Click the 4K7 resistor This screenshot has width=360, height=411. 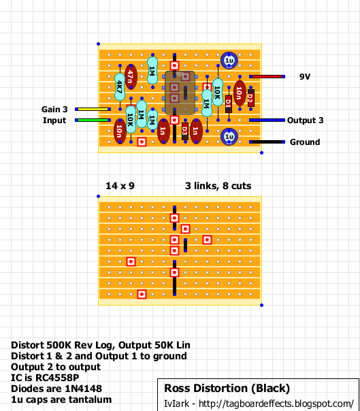120,87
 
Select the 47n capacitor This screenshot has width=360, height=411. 131,76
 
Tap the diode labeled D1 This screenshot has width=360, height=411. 229,103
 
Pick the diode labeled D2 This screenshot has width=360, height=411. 250,98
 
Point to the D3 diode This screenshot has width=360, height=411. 185,131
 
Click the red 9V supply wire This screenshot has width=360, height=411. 267,76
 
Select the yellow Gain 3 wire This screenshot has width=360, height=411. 93,109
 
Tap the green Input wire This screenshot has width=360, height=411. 93,120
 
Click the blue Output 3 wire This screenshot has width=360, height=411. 267,120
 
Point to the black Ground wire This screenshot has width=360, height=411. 267,142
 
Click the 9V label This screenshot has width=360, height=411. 305,76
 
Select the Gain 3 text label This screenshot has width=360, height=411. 54,109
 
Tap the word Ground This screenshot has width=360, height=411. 305,142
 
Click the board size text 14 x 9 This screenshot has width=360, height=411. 120,186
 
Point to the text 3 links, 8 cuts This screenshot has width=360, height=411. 218,186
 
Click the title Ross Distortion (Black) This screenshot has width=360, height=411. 227,388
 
